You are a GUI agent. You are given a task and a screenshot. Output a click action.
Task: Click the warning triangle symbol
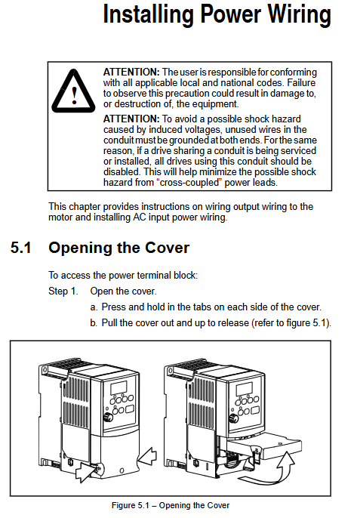click(74, 91)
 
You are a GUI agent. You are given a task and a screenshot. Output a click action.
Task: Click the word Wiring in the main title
click(299, 15)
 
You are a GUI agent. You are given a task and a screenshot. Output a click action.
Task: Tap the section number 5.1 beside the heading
click(21, 248)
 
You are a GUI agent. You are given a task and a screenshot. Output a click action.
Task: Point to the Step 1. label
click(63, 291)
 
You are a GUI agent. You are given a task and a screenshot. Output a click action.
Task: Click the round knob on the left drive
click(108, 417)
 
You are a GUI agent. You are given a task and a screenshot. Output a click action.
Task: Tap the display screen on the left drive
click(118, 388)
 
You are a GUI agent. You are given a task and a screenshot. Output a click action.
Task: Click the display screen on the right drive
click(244, 389)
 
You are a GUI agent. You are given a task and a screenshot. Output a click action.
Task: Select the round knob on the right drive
click(233, 418)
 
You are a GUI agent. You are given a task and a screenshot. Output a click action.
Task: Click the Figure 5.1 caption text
click(171, 505)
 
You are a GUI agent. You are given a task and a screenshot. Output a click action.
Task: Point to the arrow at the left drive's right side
click(147, 458)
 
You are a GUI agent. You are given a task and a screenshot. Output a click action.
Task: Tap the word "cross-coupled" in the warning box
click(189, 183)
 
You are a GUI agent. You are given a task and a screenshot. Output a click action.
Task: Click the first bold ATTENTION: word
click(131, 72)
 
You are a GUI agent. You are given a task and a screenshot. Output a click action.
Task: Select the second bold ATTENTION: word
click(131, 119)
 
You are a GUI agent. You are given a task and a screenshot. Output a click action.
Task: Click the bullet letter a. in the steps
click(94, 307)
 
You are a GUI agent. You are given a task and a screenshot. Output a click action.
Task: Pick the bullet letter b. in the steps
click(94, 322)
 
